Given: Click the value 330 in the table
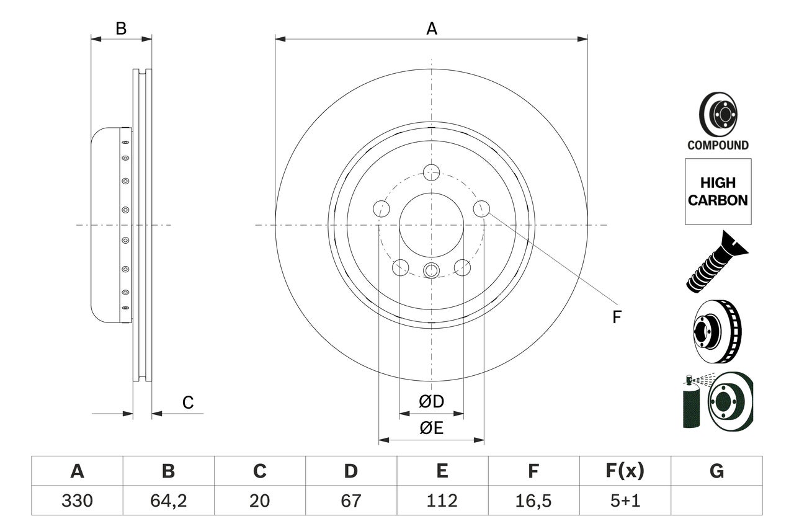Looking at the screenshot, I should [x=77, y=500].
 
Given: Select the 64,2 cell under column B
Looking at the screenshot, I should [x=168, y=500].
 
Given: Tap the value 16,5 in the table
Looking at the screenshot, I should [x=533, y=500].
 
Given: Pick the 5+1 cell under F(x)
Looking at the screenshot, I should [x=624, y=500].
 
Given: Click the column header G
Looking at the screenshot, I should [x=716, y=471].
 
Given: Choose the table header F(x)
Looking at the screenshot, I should [x=624, y=471].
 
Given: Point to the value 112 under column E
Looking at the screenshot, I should [x=442, y=500].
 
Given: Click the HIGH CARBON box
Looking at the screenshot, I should [x=718, y=192].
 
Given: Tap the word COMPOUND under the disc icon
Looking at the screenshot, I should [x=718, y=146].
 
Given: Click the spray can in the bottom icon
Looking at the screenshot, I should [x=690, y=403].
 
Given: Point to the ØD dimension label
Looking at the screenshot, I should [x=431, y=402].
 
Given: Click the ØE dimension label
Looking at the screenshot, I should [x=431, y=428].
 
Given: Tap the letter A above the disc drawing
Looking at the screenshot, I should [x=431, y=29].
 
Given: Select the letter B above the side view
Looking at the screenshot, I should [x=121, y=29].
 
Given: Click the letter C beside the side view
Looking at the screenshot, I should [x=188, y=403].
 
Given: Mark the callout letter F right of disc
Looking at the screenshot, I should [x=616, y=318].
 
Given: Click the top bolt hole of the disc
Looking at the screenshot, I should [x=431, y=172].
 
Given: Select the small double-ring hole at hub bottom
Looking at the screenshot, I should [x=431, y=270].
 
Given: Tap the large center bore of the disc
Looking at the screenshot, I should [x=431, y=224].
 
